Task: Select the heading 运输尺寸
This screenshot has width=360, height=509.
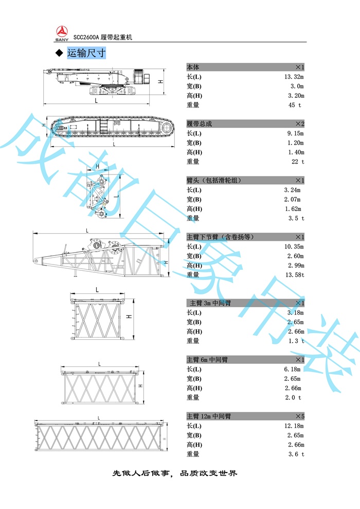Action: pyautogui.click(x=86, y=53)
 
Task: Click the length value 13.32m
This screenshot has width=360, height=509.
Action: pyautogui.click(x=294, y=77)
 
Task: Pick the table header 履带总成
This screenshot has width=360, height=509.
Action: pyautogui.click(x=200, y=124)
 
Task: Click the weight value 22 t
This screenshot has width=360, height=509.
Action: pyautogui.click(x=298, y=162)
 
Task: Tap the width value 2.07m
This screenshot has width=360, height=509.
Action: pyautogui.click(x=293, y=200)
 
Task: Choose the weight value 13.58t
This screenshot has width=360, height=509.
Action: pyautogui.click(x=295, y=275)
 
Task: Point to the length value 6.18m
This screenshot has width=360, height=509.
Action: pyautogui.click(x=293, y=370)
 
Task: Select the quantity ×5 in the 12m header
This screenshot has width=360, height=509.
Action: pyautogui.click(x=299, y=416)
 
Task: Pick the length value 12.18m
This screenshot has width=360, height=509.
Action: pyautogui.click(x=294, y=426)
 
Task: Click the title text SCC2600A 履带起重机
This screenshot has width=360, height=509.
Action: pyautogui.click(x=103, y=38)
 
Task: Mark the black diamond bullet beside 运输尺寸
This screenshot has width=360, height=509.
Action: pyautogui.click(x=59, y=54)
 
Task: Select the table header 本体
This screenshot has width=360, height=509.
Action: pyautogui.click(x=193, y=67)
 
